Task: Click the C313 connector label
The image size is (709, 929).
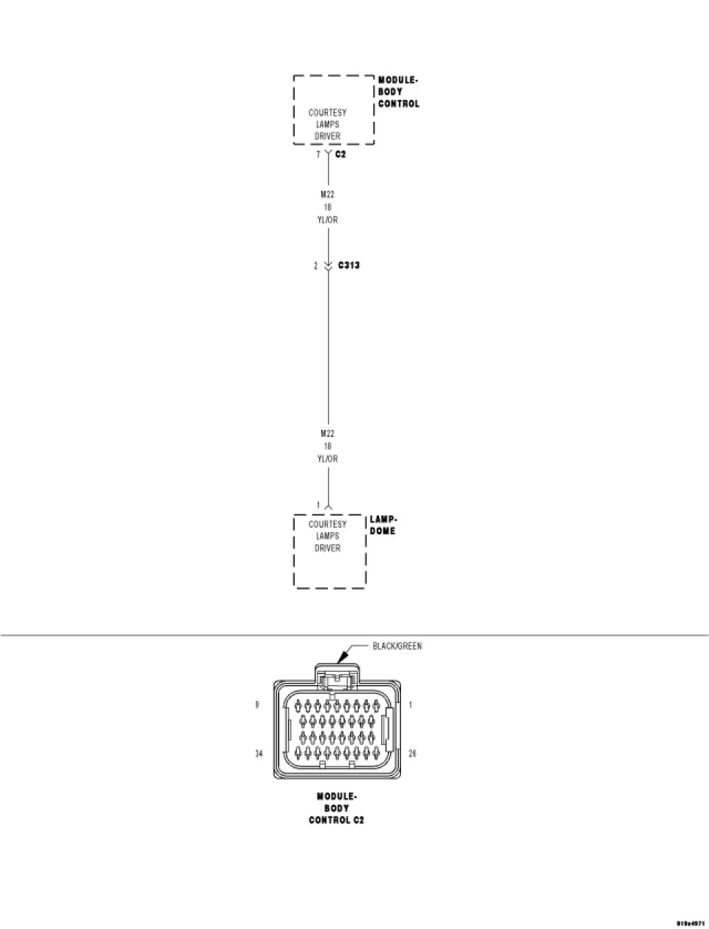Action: tap(349, 265)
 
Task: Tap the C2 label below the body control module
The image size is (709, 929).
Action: tap(340, 154)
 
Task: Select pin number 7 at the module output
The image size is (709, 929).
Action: tap(318, 155)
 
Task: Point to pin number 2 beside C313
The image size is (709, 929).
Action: tap(315, 265)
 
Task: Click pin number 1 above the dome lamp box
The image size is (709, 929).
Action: tap(319, 506)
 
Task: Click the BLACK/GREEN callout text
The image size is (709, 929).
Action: tap(397, 646)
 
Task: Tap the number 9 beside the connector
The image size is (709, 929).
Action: tap(257, 704)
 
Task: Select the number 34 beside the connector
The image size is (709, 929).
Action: tap(259, 755)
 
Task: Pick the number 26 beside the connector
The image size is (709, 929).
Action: tap(412, 755)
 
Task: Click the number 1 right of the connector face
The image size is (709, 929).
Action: tap(411, 704)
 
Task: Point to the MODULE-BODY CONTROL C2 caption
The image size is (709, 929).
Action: tap(336, 809)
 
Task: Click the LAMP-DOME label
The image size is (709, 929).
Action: tap(383, 525)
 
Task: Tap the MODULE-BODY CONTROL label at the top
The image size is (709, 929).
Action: tap(398, 92)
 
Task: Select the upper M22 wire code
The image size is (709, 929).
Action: tap(327, 194)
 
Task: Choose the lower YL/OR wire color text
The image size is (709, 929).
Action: tap(327, 459)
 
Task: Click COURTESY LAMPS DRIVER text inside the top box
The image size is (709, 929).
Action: tap(327, 124)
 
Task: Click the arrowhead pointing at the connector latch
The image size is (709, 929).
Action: tap(341, 656)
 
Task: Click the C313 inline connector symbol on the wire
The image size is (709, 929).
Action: tap(328, 265)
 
